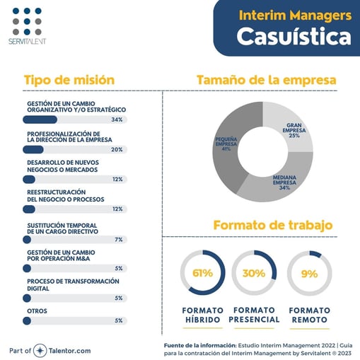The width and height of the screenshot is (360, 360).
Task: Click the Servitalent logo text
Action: (29, 42)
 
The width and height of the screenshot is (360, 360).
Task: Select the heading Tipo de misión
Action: (69, 80)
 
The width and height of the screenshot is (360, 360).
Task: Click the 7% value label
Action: (119, 240)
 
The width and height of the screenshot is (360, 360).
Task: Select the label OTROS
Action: (37, 310)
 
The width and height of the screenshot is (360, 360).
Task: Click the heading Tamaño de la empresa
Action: (266, 80)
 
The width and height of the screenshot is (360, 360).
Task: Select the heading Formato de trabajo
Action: (273, 226)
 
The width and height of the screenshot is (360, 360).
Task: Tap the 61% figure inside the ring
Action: (202, 273)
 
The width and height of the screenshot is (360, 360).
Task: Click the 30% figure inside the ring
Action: (255, 273)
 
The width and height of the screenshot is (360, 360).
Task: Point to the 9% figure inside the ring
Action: (309, 273)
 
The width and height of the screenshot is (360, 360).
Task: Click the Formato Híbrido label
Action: (202, 315)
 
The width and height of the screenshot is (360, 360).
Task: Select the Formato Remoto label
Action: (309, 315)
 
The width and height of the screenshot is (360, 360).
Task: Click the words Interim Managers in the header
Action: (295, 14)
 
